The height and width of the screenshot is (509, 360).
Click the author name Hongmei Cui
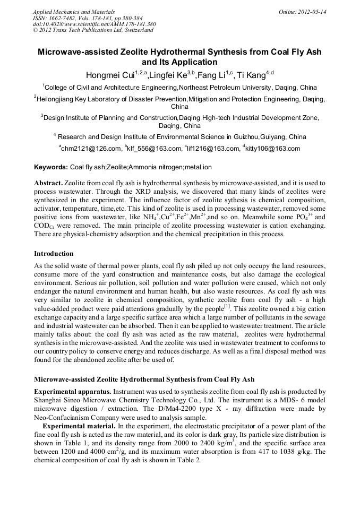(x=110, y=74)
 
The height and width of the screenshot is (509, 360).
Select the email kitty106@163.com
(x=273, y=149)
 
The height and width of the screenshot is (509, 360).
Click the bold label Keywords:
(x=51, y=167)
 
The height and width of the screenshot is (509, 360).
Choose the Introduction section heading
(x=54, y=254)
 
